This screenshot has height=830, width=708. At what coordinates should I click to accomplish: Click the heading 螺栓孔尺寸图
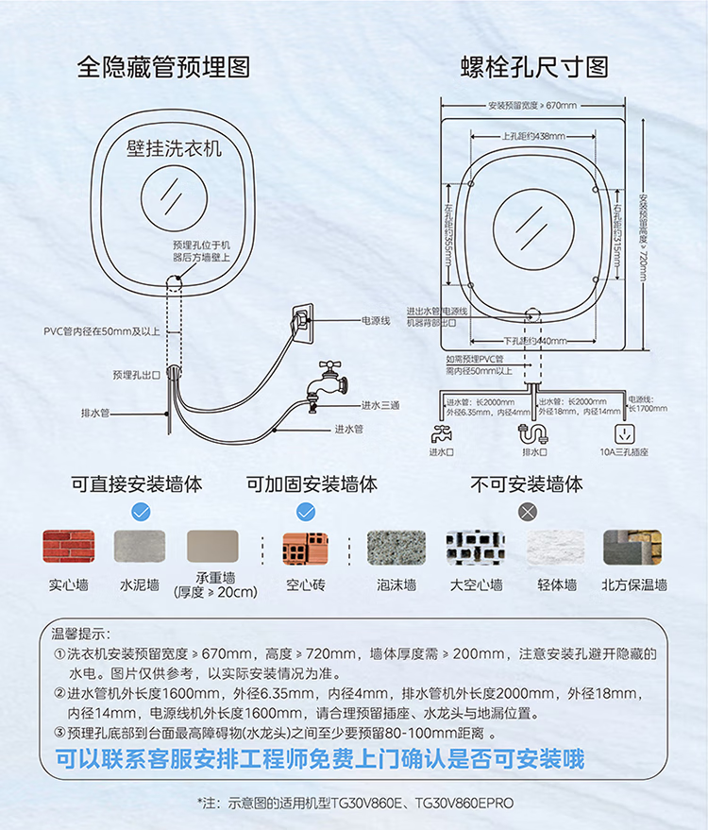click(534, 67)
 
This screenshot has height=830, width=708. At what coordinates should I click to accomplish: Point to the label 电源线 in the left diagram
click(376, 321)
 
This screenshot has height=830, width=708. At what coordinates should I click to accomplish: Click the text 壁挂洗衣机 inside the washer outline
click(174, 148)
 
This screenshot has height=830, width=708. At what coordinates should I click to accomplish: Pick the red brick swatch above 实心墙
click(68, 547)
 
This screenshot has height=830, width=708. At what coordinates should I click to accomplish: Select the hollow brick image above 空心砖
click(306, 548)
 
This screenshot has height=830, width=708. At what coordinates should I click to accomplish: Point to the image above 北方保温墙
click(632, 547)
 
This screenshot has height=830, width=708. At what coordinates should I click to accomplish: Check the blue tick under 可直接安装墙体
click(140, 512)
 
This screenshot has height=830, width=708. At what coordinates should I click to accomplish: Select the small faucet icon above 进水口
click(441, 435)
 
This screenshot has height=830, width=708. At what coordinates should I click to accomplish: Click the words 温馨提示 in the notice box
click(81, 633)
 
